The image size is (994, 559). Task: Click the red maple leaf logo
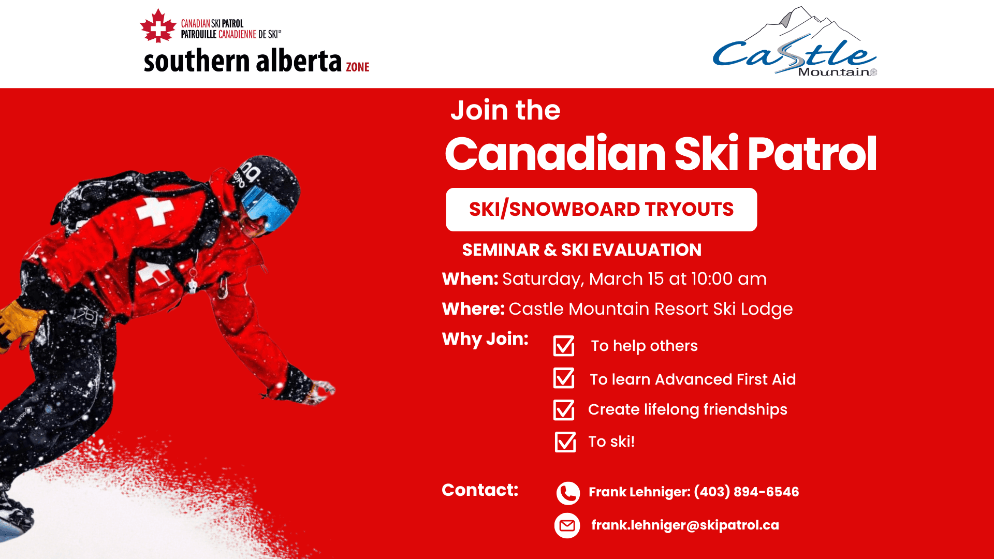(x=158, y=26)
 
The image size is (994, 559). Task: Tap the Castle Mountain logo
(x=795, y=41)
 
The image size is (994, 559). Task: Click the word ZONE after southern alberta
(x=358, y=67)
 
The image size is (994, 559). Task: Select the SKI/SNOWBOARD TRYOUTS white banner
(x=601, y=210)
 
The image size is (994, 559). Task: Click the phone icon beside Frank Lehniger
(x=568, y=493)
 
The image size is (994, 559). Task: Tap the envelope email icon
(x=567, y=526)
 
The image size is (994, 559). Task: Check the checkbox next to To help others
(x=564, y=346)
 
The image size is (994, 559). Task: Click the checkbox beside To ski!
(x=565, y=442)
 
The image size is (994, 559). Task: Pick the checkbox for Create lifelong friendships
(x=564, y=410)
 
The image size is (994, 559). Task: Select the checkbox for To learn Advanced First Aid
(x=564, y=378)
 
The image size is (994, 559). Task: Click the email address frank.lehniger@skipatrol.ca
(x=685, y=525)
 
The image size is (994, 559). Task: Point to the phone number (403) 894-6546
(x=747, y=492)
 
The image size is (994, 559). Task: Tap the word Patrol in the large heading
(x=812, y=154)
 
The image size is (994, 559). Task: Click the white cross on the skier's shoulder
(x=154, y=212)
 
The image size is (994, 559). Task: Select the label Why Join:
(x=485, y=339)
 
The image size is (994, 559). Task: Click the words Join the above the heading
(x=505, y=110)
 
